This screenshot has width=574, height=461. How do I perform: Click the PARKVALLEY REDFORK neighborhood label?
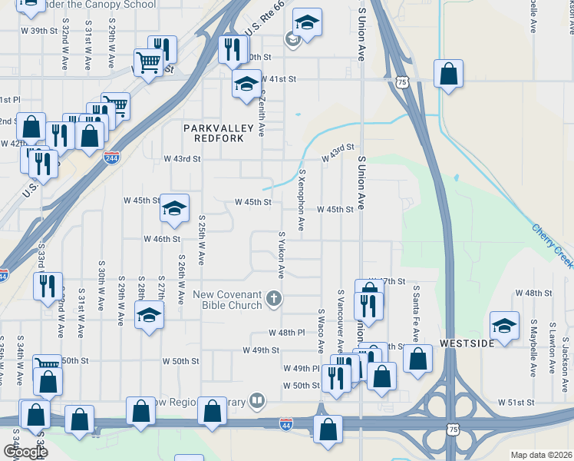pyautogui.click(x=213, y=132)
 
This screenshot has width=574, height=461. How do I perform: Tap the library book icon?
pyautogui.click(x=258, y=400)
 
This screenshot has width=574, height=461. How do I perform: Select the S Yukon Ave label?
pyautogui.click(x=282, y=254)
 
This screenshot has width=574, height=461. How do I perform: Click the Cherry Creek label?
pyautogui.click(x=552, y=246)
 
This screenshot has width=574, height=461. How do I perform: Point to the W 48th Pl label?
pyautogui.click(x=287, y=333)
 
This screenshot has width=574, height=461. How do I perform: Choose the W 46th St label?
pyautogui.click(x=161, y=239)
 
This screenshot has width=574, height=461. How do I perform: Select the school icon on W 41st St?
pyautogui.click(x=246, y=84)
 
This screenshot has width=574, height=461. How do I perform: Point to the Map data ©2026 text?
pyautogui.click(x=541, y=455)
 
